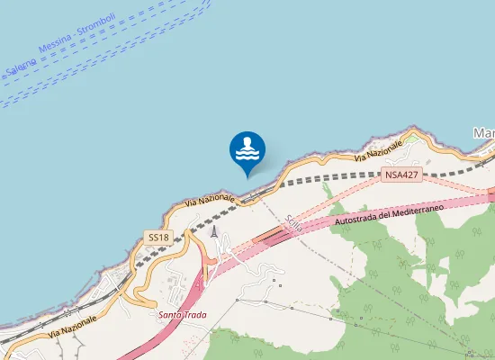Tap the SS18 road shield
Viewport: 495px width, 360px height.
[157, 237]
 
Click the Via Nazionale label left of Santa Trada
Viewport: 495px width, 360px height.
[73, 325]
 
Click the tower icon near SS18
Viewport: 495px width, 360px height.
[213, 231]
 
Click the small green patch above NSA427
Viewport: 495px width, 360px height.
[411, 139]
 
